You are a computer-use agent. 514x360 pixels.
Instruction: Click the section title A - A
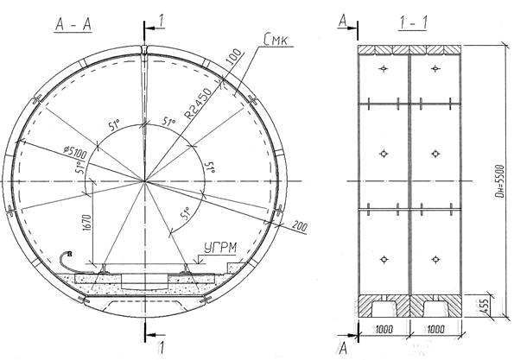73,24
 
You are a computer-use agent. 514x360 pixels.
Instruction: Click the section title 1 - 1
413,23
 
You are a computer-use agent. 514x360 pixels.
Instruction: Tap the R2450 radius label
198,104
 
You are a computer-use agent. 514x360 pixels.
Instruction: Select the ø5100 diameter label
75,152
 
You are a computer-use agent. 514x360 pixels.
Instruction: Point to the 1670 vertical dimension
87,227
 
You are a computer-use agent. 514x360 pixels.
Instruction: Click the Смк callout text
276,40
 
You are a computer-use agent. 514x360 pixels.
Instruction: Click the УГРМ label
220,248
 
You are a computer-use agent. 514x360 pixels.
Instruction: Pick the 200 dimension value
300,226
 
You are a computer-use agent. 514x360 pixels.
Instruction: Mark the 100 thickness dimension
234,56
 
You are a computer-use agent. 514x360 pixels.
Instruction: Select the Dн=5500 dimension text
498,181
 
